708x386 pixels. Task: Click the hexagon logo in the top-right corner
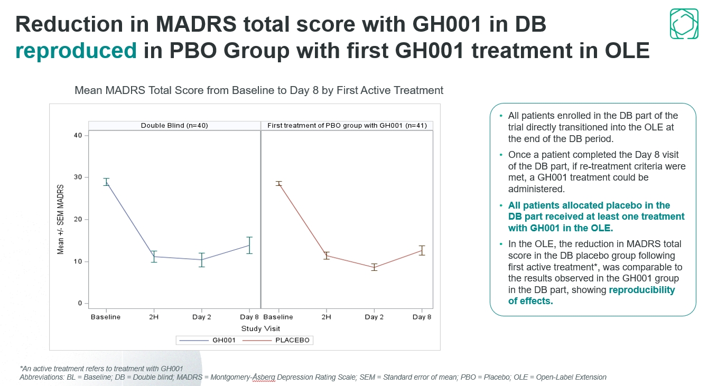tap(684, 24)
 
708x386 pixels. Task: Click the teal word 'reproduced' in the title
tap(76, 51)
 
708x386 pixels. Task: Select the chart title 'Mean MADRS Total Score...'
tap(259, 90)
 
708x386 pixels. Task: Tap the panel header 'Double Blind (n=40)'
tap(174, 126)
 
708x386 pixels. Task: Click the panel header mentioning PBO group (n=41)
tap(347, 126)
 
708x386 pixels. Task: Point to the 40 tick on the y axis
tap(78, 135)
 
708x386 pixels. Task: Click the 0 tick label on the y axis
tap(80, 304)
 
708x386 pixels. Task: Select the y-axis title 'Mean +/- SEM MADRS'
tap(61, 219)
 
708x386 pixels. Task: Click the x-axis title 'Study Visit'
tap(260, 328)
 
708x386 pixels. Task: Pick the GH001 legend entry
tap(207, 341)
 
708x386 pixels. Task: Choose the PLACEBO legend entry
tap(277, 341)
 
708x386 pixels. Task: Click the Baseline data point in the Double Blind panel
tap(106, 182)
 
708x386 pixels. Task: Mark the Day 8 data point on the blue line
tap(249, 245)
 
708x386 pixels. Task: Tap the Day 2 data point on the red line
tap(374, 267)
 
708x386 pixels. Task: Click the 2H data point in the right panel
tap(327, 256)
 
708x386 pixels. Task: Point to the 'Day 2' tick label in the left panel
tap(201, 317)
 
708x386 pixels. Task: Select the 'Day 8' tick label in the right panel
tap(422, 317)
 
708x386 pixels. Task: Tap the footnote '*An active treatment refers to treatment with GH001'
tap(101, 369)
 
